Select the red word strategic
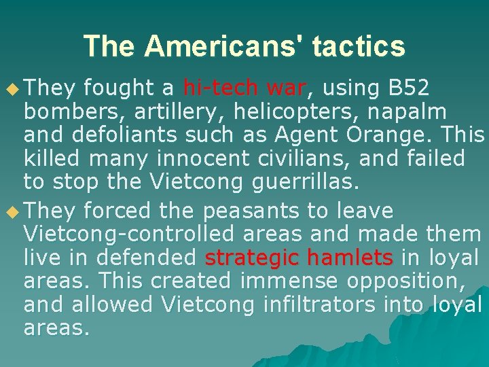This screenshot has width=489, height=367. (x=253, y=258)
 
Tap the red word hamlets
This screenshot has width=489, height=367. (x=350, y=258)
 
